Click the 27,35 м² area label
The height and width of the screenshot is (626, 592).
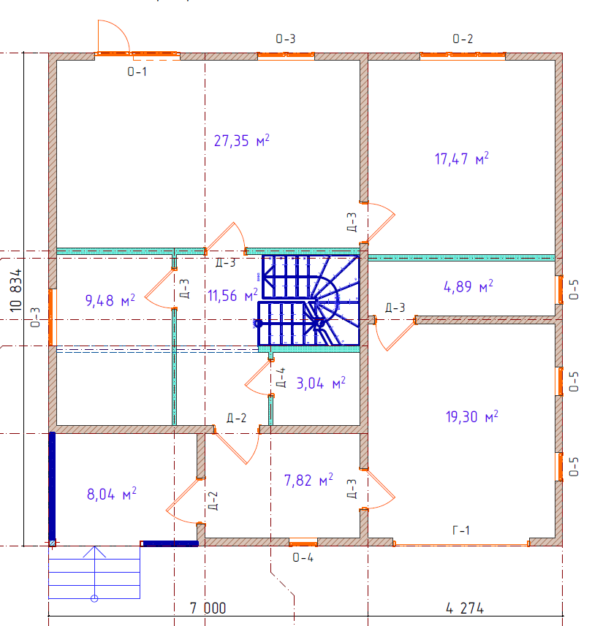[242, 140]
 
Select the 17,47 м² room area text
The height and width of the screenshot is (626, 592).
[461, 159]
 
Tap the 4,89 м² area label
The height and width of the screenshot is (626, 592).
[468, 286]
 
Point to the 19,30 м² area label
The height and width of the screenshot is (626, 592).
[471, 416]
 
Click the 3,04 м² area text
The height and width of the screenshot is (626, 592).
[321, 383]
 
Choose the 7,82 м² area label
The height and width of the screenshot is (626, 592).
[308, 480]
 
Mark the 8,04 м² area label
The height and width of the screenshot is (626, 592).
[111, 494]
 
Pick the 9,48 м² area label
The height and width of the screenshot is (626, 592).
[110, 300]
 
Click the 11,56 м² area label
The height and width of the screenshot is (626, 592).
[232, 295]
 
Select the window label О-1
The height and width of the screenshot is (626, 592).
[137, 72]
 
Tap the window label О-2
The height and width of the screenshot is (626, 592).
[463, 39]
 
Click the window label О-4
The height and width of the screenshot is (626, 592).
[303, 557]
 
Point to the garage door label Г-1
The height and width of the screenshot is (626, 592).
[461, 530]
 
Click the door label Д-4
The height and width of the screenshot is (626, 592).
[281, 378]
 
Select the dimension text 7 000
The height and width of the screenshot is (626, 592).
[208, 608]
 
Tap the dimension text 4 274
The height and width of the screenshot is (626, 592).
[465, 608]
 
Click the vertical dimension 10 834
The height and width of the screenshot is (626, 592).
[16, 290]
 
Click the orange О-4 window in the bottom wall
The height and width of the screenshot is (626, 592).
[303, 542]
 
